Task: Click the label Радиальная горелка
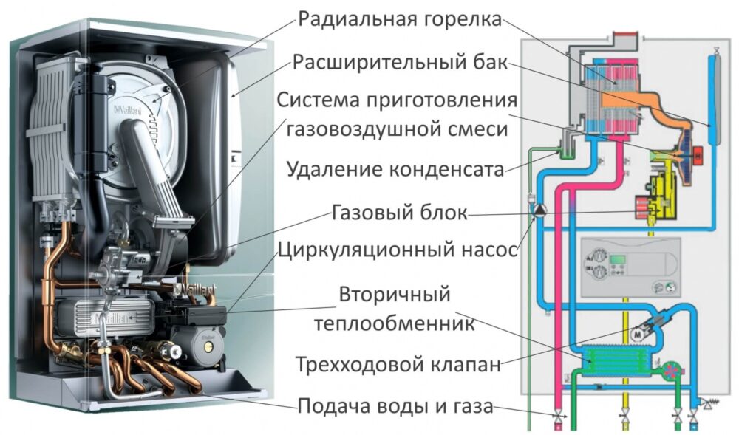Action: point(400,18)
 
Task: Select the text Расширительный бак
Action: point(400,62)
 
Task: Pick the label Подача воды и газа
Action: point(395,405)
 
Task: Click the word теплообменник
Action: point(394,323)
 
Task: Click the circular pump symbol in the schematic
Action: point(539,210)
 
